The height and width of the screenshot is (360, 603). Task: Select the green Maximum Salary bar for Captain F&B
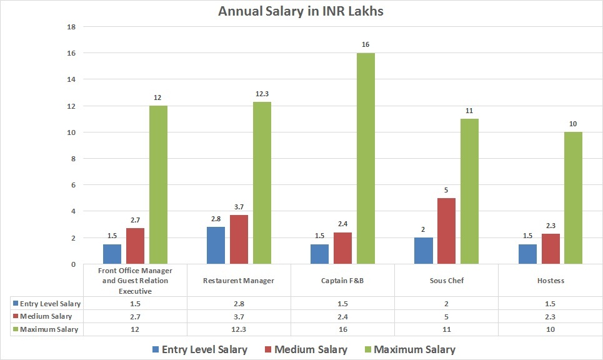366,159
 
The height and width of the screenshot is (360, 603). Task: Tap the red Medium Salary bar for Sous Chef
446,231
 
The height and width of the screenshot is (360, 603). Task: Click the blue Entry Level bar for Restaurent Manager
215,246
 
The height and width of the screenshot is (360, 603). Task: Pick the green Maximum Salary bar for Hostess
573,198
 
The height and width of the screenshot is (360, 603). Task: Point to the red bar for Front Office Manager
135,246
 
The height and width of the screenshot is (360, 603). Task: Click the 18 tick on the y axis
71,27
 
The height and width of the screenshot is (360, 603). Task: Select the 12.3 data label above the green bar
262,94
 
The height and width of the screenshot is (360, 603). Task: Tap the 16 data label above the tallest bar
366,45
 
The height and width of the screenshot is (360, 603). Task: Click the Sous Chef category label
446,281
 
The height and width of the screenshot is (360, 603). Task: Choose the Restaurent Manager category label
238,281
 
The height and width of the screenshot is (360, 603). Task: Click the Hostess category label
550,281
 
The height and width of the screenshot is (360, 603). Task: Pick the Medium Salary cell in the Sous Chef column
446,316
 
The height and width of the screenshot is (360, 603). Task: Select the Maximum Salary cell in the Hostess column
550,329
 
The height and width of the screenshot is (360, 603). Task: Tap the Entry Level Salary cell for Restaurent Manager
238,303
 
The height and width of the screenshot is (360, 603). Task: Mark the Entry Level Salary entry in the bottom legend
198,349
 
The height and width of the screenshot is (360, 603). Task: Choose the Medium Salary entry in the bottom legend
304,349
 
